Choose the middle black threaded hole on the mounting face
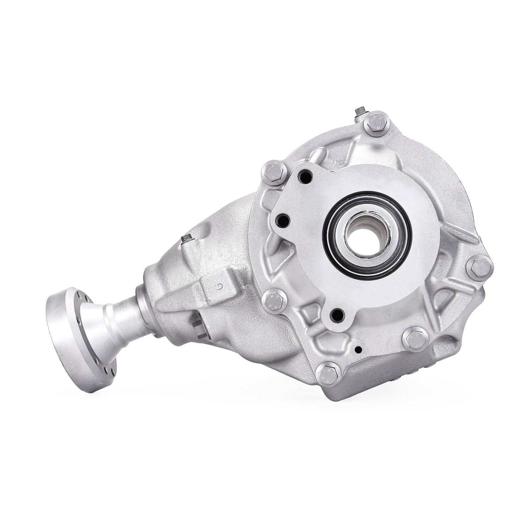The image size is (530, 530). [x=283, y=219]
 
